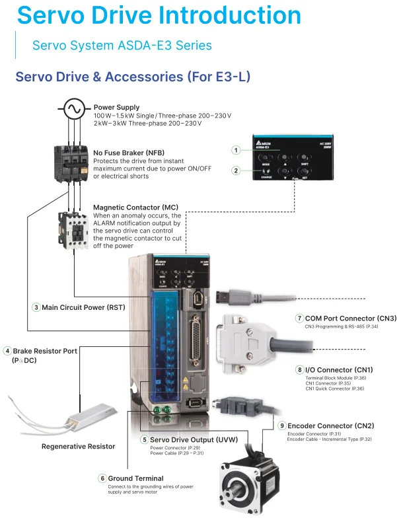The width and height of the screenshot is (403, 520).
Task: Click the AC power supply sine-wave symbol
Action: [72, 108]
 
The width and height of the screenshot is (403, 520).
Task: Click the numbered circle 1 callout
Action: [235, 150]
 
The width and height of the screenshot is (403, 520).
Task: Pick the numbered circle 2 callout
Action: [235, 170]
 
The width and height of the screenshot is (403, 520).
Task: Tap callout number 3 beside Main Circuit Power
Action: [36, 307]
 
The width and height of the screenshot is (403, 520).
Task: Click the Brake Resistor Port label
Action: [45, 351]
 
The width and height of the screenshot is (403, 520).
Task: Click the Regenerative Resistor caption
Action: [78, 447]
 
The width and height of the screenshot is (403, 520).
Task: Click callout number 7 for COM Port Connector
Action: [299, 318]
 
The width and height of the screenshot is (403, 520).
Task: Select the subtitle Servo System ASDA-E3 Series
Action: [122, 46]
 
